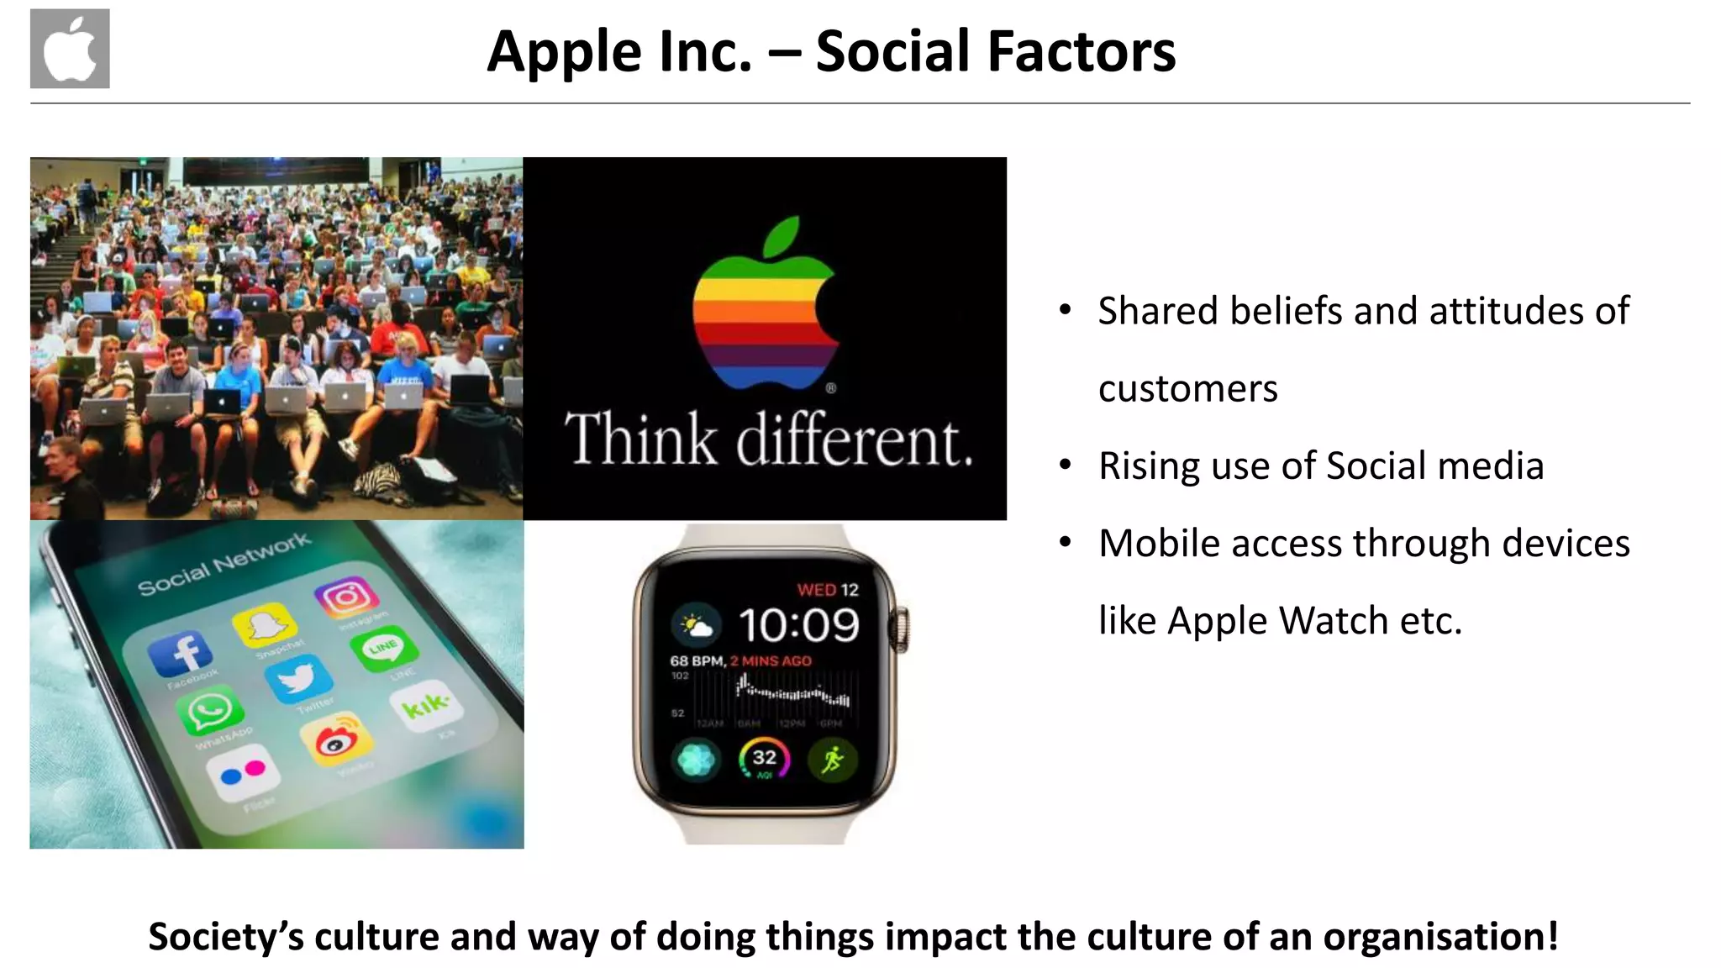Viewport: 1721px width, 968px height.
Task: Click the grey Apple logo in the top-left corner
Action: pos(70,49)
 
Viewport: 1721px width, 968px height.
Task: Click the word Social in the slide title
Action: pos(892,51)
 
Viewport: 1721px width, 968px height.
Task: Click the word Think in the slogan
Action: pos(640,439)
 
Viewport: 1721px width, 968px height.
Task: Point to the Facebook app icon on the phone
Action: pos(180,653)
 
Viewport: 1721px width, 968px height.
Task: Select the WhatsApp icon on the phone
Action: pos(209,713)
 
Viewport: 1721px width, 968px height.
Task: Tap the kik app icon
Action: pos(426,704)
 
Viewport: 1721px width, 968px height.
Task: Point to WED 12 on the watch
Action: pos(828,590)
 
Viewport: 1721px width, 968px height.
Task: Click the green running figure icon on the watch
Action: pos(832,760)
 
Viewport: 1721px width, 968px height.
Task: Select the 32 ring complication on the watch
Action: pos(764,759)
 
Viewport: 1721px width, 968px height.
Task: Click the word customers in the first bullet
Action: pos(1187,389)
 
